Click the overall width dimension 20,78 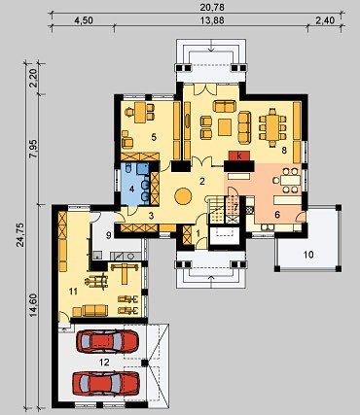(x=213, y=7)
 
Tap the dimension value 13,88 (x=212, y=20)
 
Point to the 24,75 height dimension (x=20, y=235)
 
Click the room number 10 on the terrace (x=308, y=255)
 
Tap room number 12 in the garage (x=104, y=363)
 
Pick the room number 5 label (x=154, y=137)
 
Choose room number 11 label (x=73, y=292)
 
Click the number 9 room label (x=109, y=235)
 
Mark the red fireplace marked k (x=239, y=156)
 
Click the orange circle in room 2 (x=183, y=196)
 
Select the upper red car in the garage (x=107, y=341)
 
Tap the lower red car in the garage (x=106, y=383)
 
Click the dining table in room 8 (x=272, y=126)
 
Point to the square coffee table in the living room (x=225, y=127)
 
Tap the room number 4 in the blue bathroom (x=131, y=190)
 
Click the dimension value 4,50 (x=84, y=20)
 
